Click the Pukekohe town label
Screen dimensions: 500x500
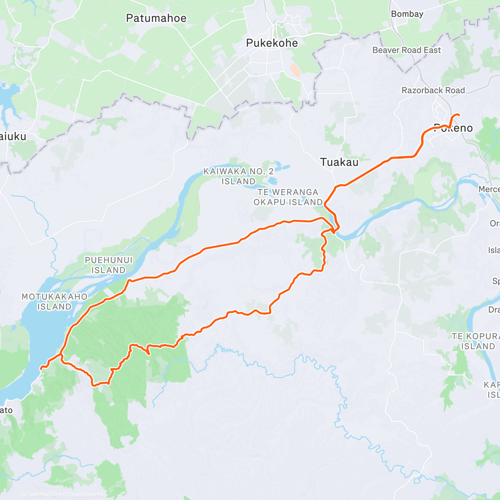(272, 43)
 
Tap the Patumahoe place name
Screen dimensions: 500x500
(156, 18)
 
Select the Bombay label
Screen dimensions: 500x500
(407, 14)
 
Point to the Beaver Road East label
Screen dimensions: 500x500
(406, 50)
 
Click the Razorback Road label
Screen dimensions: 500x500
(433, 90)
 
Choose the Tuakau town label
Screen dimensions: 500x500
(339, 162)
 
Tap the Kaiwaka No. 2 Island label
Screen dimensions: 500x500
(238, 176)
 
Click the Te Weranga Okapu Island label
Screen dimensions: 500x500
(288, 197)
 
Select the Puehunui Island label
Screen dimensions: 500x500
(108, 265)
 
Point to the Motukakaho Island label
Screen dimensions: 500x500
(55, 302)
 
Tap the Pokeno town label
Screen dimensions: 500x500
(453, 128)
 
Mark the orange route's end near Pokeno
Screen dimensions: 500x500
(459, 115)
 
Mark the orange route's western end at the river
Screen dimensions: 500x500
(41, 368)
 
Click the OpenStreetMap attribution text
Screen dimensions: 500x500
(87, 495)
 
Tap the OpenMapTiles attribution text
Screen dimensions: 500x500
(43, 495)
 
